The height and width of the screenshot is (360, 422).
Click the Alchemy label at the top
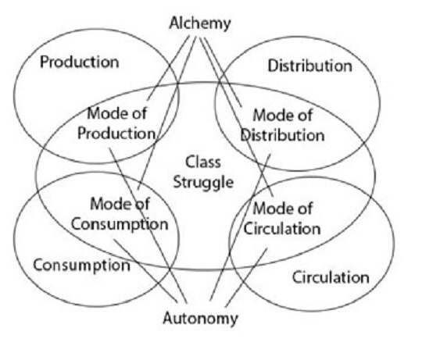pos(200,23)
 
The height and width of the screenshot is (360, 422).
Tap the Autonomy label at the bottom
pos(201,319)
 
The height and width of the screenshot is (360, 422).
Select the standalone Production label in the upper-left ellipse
pos(80,62)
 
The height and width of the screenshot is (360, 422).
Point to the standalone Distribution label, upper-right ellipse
pos(310,66)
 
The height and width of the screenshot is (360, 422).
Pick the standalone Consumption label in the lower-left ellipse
pos(82,266)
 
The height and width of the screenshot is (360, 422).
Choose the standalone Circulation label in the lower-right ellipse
pos(331,277)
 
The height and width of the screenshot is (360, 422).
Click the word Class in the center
pos(203,162)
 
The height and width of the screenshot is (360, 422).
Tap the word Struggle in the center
pos(203,183)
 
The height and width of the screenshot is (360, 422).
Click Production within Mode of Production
pos(116,134)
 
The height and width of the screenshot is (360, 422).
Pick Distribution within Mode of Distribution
pos(283,135)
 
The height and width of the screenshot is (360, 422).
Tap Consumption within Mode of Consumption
pos(120,224)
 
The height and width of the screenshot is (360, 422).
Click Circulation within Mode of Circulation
pos(282,229)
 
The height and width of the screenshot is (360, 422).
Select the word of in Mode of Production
pos(139,113)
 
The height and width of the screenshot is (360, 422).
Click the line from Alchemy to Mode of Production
pos(169,68)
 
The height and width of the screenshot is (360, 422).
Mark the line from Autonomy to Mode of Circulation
pos(246,278)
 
